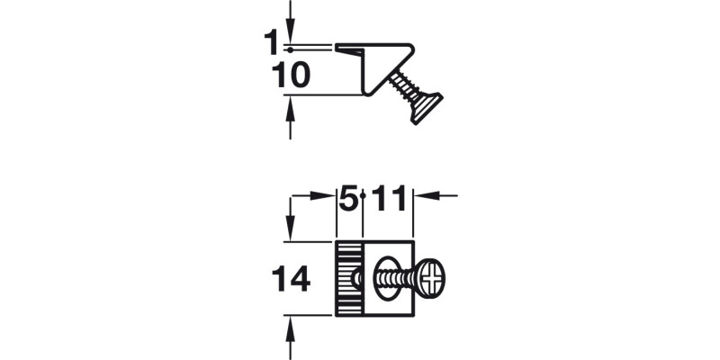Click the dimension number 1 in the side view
(x=271, y=43)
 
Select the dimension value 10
(x=291, y=76)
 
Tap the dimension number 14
(x=291, y=279)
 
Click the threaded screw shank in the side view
(x=402, y=88)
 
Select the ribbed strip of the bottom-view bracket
(x=347, y=278)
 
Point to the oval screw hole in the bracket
(x=385, y=277)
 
